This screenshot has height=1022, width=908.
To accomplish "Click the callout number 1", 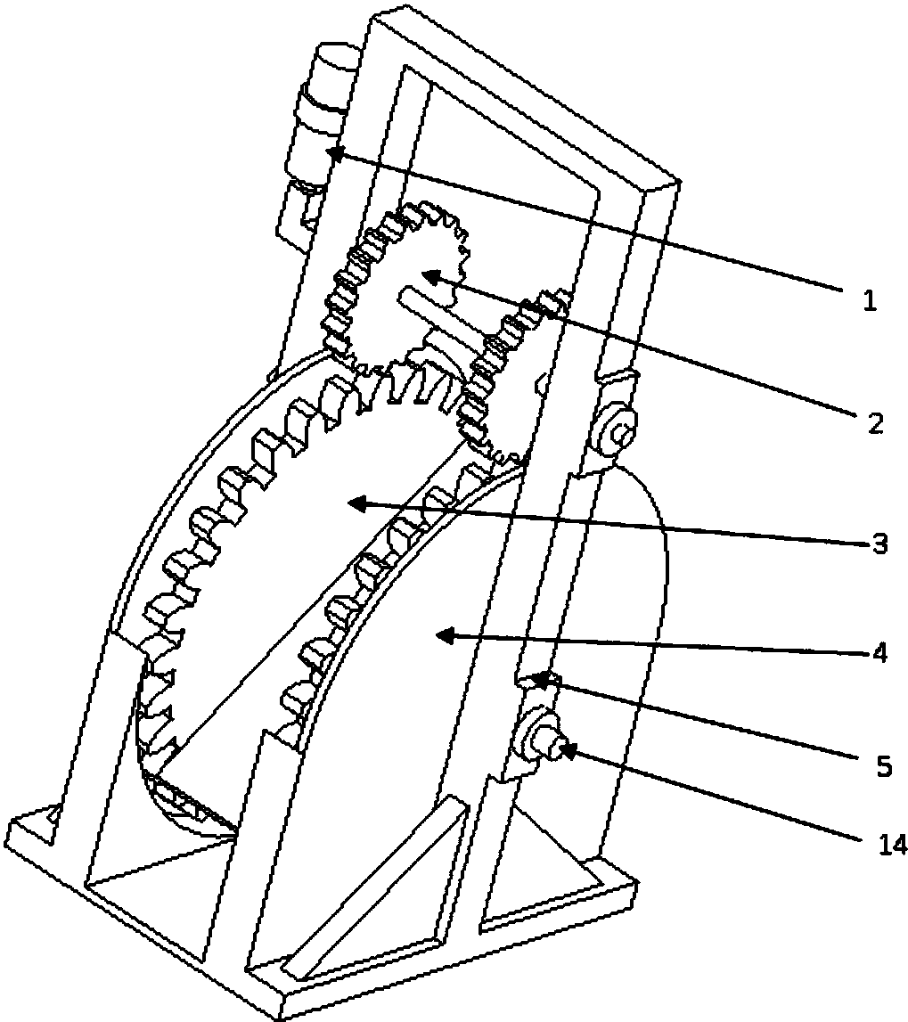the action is (x=870, y=300).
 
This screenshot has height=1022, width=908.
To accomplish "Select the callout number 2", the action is (x=875, y=423).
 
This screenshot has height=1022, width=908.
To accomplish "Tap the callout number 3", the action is (x=880, y=543).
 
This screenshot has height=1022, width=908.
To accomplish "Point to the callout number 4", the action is (x=880, y=653).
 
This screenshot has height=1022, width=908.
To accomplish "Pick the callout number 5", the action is (x=884, y=767).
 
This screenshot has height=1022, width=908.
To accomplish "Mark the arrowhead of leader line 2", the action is (x=428, y=276).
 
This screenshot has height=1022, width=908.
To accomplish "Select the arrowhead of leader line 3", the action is (x=355, y=503).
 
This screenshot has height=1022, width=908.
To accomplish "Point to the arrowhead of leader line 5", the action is (x=538, y=680).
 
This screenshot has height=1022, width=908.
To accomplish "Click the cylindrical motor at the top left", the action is (x=317, y=118).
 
